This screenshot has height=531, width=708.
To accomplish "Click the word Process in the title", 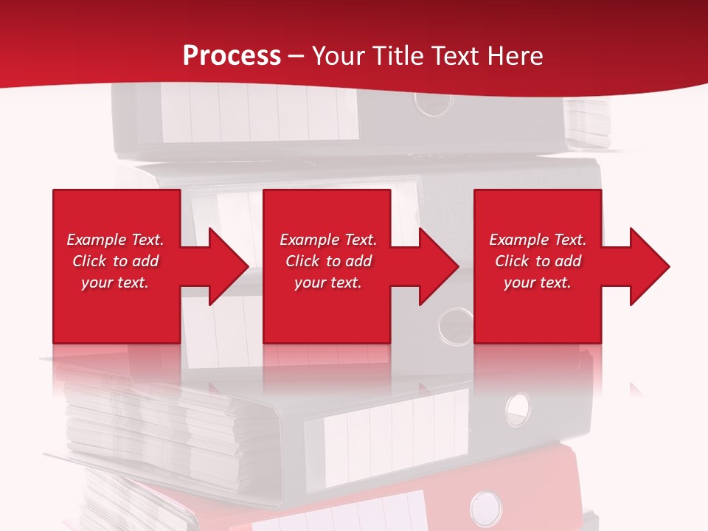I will [x=232, y=56].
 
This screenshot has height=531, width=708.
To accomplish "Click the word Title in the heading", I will [x=395, y=56].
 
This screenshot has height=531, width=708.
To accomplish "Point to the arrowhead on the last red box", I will [x=646, y=266].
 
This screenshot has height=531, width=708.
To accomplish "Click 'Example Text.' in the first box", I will [x=115, y=240].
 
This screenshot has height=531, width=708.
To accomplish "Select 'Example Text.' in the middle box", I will [x=328, y=240].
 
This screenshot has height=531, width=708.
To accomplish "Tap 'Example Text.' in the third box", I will [x=538, y=240].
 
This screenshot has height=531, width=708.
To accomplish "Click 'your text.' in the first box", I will [x=115, y=282].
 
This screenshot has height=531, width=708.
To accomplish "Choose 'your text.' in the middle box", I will [x=328, y=282].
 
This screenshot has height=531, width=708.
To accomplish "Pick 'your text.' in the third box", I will [x=538, y=282].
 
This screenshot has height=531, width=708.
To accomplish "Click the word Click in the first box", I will [x=90, y=261].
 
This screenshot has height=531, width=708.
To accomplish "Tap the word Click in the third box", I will [x=513, y=261].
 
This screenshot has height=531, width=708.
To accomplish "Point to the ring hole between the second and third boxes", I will [x=455, y=324].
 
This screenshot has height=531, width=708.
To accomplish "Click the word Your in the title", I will [x=336, y=56].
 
